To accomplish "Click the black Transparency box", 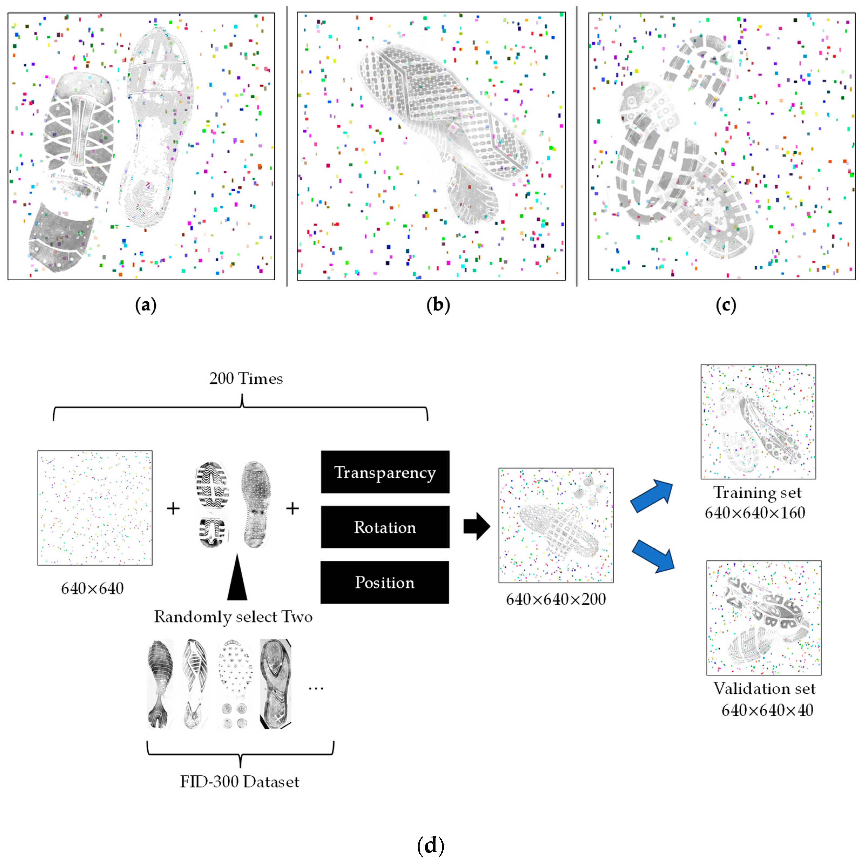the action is coord(384,472).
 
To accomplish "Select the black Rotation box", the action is coord(384,527).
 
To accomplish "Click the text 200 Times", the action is coord(246,379).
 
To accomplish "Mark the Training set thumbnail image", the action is coord(758,422).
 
